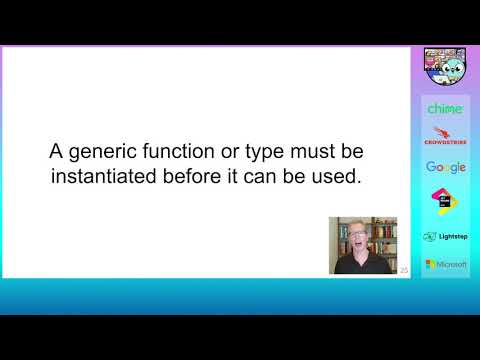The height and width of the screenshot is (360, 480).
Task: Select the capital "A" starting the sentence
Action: click(57, 153)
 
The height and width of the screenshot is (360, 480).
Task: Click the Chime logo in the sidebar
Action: click(445, 108)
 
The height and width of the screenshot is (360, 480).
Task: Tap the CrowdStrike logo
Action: click(445, 135)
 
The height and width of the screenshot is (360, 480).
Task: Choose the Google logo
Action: click(445, 167)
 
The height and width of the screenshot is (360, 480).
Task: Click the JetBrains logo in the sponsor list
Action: click(445, 200)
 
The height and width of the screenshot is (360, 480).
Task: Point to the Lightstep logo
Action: click(445, 236)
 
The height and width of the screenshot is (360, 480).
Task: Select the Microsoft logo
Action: click(445, 264)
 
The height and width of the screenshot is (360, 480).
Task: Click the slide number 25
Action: click(404, 270)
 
